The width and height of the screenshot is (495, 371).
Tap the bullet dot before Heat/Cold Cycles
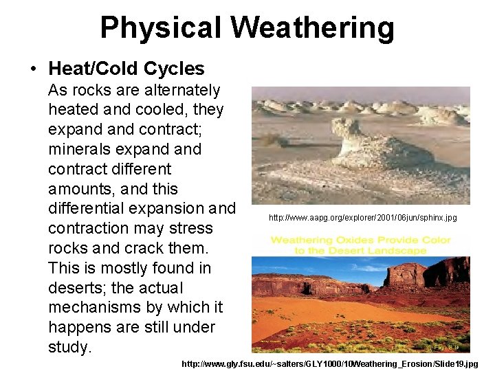pos(32,69)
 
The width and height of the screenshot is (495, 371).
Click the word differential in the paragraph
pos(89,208)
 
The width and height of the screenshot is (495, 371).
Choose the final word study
pos(69,347)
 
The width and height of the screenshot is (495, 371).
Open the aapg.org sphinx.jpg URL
pos(362,218)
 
